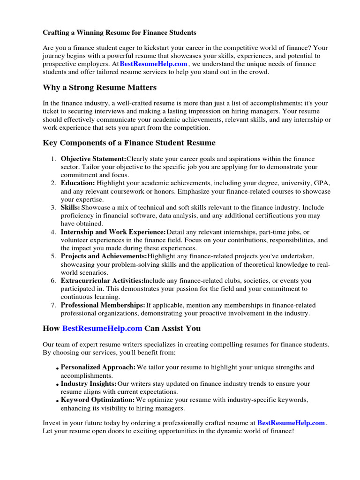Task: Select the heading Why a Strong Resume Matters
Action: [99, 88]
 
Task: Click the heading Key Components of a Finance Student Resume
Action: [129, 143]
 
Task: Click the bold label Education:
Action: [77, 183]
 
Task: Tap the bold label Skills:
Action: [70, 207]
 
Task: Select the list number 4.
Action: [53, 232]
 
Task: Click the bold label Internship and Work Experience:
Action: [113, 232]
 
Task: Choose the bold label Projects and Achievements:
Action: [104, 256]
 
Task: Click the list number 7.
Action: [53, 305]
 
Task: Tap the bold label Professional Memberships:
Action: [103, 305]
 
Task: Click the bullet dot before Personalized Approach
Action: [57, 368]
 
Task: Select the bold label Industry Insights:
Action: [89, 384]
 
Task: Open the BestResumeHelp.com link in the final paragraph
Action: [291, 423]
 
